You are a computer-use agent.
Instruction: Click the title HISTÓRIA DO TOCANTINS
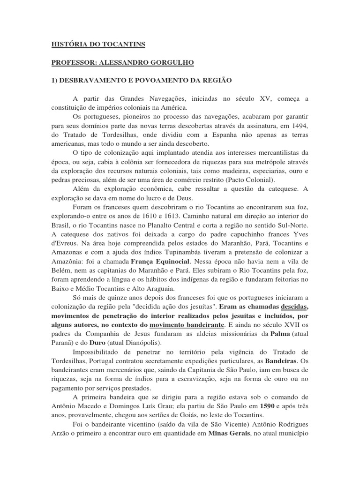pyautogui.click(x=98, y=45)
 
